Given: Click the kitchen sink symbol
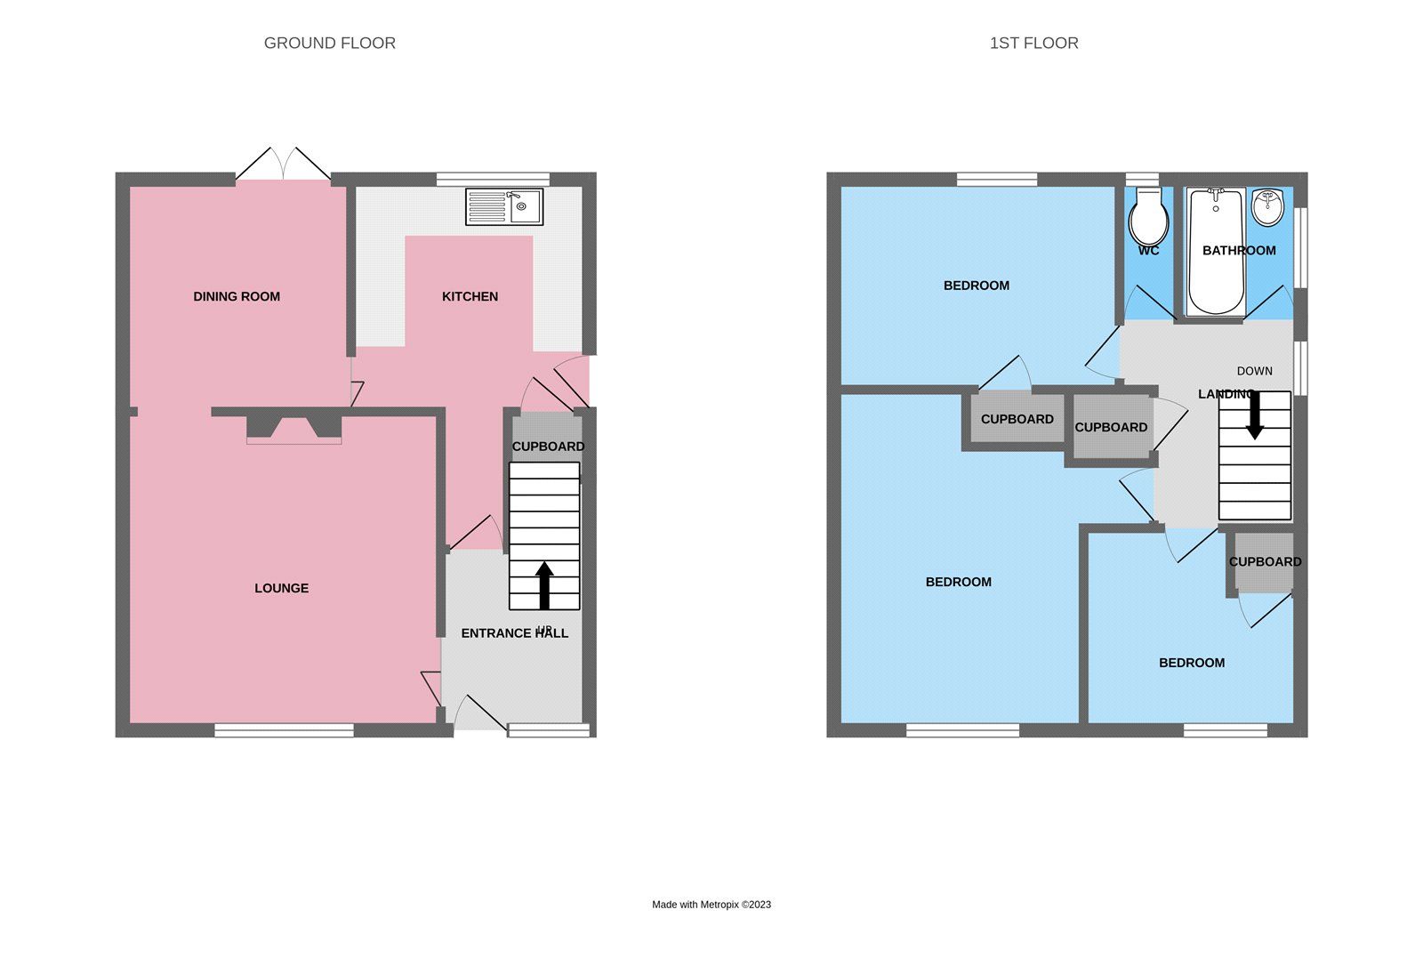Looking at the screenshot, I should click(x=504, y=206).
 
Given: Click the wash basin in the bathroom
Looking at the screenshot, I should click(x=1266, y=207).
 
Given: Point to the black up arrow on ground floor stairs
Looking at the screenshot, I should click(x=544, y=584).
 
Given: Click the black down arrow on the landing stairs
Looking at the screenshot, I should click(x=1254, y=415).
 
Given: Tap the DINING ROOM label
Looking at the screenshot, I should click(x=237, y=296).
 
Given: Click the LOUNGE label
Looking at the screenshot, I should click(x=281, y=588).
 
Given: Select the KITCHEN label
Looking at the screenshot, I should click(x=470, y=296).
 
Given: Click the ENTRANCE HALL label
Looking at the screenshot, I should click(x=514, y=633).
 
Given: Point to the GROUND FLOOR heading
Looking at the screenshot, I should click(x=329, y=43).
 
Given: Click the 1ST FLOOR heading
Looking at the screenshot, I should click(x=1033, y=43).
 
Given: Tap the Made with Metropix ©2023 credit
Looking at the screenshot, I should click(x=711, y=905).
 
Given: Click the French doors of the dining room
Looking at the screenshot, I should click(x=283, y=165).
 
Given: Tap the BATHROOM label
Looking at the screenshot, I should click(x=1239, y=251).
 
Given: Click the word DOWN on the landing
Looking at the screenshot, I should click(x=1254, y=371).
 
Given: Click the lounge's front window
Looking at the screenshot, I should click(x=284, y=730).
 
